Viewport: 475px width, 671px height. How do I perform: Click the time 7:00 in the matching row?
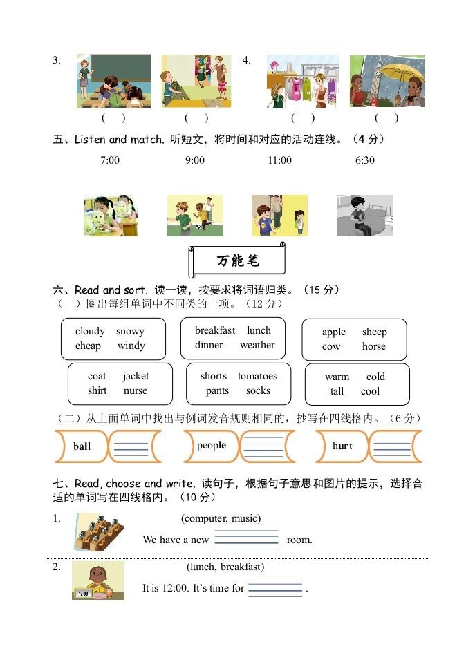pos(110,160)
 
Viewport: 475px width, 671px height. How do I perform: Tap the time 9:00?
pos(194,160)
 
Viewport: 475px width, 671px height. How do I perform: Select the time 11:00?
pos(279,160)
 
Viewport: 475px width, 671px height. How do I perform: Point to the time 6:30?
pos(364,160)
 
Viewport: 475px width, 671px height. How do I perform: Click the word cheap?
pos(88,346)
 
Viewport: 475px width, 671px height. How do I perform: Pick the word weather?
pos(257,345)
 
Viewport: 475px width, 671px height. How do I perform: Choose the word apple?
pos(333,332)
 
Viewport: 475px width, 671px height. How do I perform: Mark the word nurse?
pos(136,390)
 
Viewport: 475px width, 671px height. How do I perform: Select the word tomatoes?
pos(257,376)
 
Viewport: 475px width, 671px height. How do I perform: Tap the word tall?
pos(337,391)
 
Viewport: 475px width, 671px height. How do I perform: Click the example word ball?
pos(82,446)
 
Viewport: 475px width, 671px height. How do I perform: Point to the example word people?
pos(211,446)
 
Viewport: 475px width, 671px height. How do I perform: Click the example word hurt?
pos(342,446)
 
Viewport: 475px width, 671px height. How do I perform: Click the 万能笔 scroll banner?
pos(237,261)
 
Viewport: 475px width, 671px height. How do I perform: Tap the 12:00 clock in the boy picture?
pos(83,593)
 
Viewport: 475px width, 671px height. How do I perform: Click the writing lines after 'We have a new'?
pos(246,540)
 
